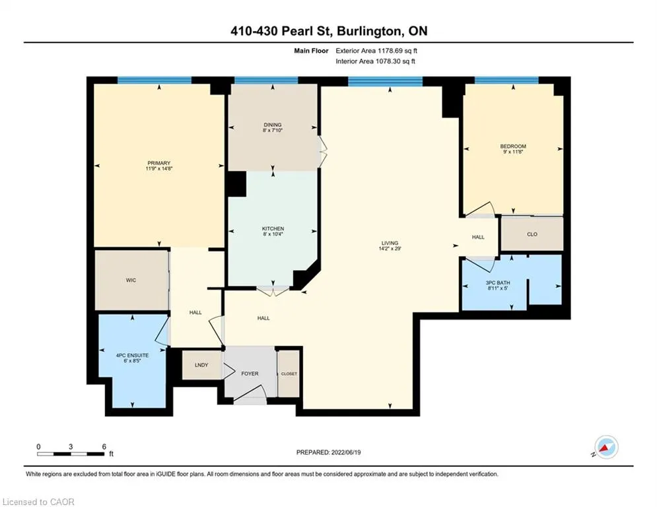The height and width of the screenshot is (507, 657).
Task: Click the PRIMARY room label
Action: [x=159, y=163]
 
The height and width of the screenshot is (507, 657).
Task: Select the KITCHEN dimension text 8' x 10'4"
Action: [x=273, y=236]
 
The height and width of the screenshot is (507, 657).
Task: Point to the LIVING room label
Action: [x=389, y=242]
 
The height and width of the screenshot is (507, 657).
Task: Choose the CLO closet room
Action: [x=532, y=234]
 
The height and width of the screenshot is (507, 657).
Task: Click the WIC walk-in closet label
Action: [x=130, y=280]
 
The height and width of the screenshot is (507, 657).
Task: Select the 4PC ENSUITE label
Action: [x=133, y=355]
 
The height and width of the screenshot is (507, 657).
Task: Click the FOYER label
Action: [x=250, y=373]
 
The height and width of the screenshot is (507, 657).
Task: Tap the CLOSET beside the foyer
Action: [x=289, y=374]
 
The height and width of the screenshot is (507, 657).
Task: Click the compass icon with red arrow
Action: [x=606, y=448]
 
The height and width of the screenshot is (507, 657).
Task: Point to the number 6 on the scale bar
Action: [x=104, y=446]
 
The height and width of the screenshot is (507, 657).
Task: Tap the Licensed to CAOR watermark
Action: [x=38, y=502]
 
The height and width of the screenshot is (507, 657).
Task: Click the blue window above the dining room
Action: [x=265, y=81]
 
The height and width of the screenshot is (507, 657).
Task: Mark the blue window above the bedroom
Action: [x=506, y=81]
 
